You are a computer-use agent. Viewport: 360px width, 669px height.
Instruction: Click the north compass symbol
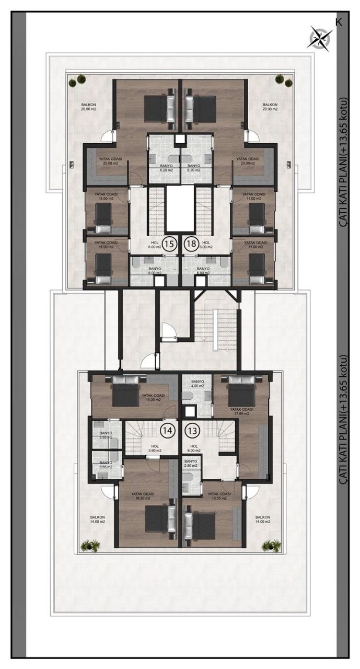point(320,37)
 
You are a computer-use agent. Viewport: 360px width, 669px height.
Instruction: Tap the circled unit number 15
point(169,244)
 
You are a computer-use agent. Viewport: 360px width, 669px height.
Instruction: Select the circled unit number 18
point(191,244)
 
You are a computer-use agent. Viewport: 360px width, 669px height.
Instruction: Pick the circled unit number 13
point(192,430)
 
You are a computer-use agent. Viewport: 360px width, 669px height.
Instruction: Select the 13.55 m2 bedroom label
point(218,496)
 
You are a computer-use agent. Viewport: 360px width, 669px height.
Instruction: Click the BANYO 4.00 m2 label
point(197,385)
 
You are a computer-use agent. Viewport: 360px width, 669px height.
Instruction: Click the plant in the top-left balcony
point(80,79)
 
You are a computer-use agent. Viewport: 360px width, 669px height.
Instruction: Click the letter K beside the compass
point(338,22)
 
